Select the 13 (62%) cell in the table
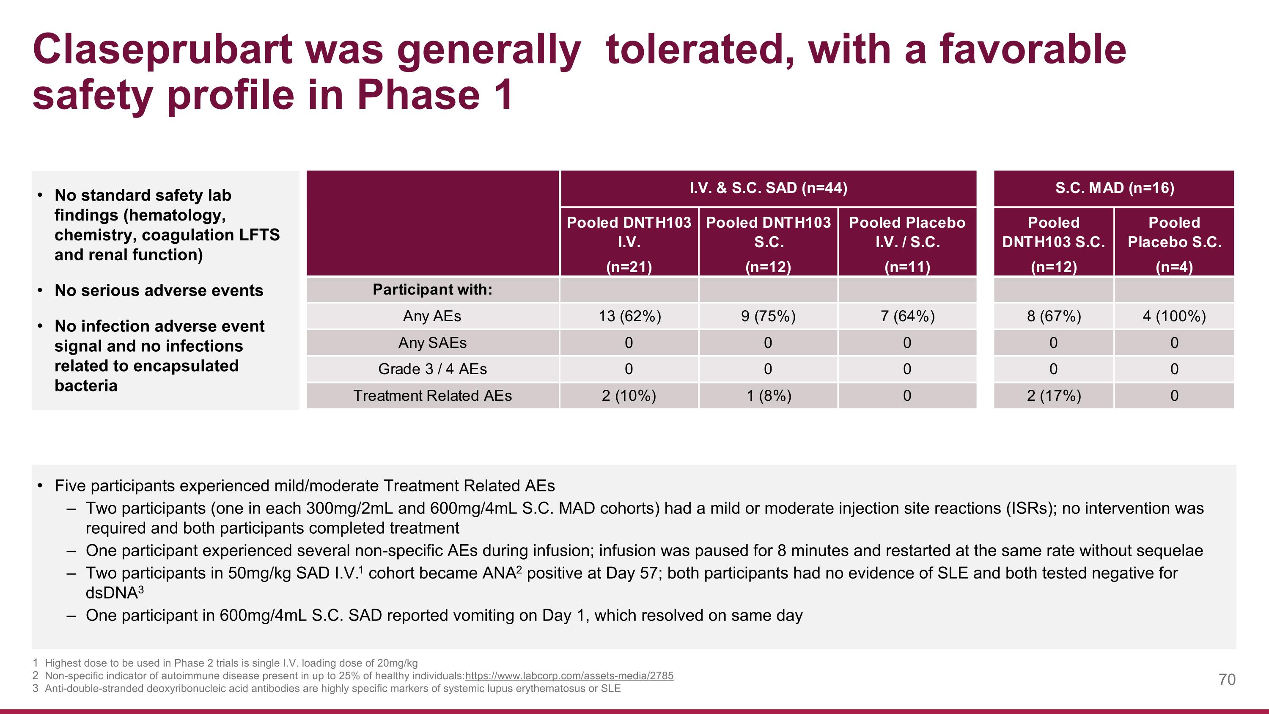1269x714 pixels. tap(629, 316)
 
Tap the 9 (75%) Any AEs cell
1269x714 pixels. tap(768, 316)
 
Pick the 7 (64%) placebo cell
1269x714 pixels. tap(907, 316)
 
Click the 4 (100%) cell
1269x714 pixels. tap(1174, 316)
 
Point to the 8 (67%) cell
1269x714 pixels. tap(1054, 316)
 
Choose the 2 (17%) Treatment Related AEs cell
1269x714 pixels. tap(1054, 396)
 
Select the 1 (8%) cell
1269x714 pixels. tap(769, 396)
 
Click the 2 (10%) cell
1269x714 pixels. tap(629, 396)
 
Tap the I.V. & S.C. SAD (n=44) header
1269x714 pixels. tap(768, 188)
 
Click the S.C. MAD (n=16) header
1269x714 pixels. tap(1114, 188)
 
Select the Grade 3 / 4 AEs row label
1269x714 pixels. tap(432, 369)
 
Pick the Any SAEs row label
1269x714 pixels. tap(432, 342)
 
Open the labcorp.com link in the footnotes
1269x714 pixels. tap(569, 675)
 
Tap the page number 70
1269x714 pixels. tap(1227, 680)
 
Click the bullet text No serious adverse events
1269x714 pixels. tap(159, 290)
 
